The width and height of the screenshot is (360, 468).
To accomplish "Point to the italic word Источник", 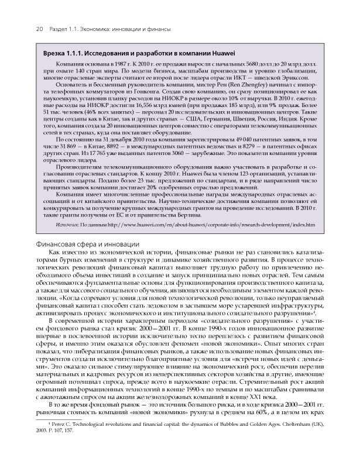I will click(x=68, y=225).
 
